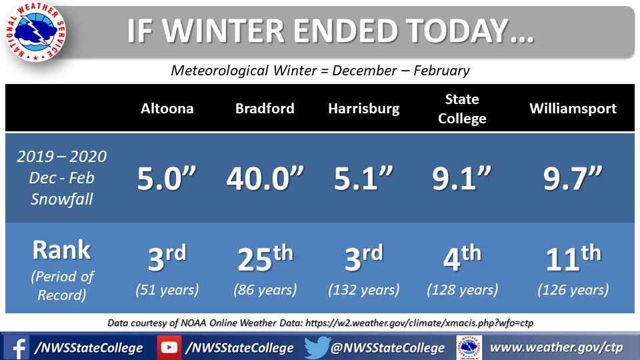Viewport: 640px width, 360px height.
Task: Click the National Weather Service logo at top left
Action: click(36, 31)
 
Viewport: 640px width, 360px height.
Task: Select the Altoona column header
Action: click(167, 109)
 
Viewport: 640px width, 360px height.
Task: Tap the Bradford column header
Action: click(265, 109)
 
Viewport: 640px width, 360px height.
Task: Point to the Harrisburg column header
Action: click(364, 109)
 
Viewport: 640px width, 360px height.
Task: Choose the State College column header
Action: click(462, 109)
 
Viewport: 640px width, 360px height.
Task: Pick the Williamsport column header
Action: click(573, 109)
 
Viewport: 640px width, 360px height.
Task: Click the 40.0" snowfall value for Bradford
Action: click(265, 179)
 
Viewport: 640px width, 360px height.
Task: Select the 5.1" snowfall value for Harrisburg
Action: click(363, 179)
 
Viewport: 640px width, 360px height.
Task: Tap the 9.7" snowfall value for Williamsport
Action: click(573, 179)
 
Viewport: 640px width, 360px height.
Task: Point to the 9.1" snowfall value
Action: click(461, 179)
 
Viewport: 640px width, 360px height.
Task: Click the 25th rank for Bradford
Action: click(265, 257)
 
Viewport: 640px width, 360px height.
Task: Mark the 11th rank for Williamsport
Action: click(573, 257)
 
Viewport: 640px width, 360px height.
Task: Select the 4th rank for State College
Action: click(462, 257)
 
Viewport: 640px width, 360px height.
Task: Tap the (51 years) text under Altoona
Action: click(167, 290)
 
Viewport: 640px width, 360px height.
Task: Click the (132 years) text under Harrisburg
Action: click(364, 290)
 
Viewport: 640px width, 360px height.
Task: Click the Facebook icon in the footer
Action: click(16, 348)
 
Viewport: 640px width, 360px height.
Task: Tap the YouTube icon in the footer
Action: click(169, 347)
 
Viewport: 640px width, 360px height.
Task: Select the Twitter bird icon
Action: click(317, 347)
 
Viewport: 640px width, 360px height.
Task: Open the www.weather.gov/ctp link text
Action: click(556, 348)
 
